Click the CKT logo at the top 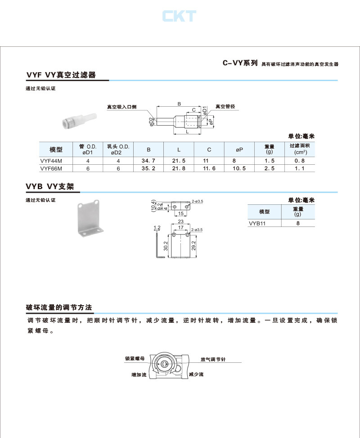point(179,16)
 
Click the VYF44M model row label point(50,161)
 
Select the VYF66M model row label point(50,168)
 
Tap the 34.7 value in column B point(148,161)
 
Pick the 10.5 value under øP point(239,168)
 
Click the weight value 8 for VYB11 point(298,223)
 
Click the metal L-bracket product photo point(90,220)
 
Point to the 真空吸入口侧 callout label point(121,107)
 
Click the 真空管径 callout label point(225,107)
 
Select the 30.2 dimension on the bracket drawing point(166,247)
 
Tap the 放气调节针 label point(213,360)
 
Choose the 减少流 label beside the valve point(196,375)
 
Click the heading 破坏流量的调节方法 point(59,308)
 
